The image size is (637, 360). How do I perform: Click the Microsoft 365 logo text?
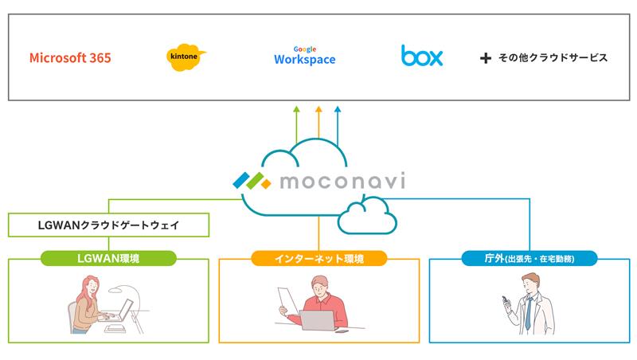point(70,58)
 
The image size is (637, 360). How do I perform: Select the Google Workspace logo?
point(304,56)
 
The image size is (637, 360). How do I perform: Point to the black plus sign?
point(486,58)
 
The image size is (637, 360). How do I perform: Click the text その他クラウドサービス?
point(553,58)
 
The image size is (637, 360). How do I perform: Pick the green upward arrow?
point(296,123)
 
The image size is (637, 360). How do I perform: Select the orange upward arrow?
point(318,123)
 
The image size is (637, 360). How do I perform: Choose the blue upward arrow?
point(338,123)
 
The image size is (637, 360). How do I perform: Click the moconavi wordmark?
point(342,181)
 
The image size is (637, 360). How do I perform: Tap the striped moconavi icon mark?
point(253,180)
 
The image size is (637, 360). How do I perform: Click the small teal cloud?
point(366,217)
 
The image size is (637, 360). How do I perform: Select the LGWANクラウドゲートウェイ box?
point(109,225)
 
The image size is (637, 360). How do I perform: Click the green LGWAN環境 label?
point(107,258)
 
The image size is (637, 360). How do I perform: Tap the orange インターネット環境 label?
point(318,258)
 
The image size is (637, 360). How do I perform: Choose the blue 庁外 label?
point(529,258)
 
